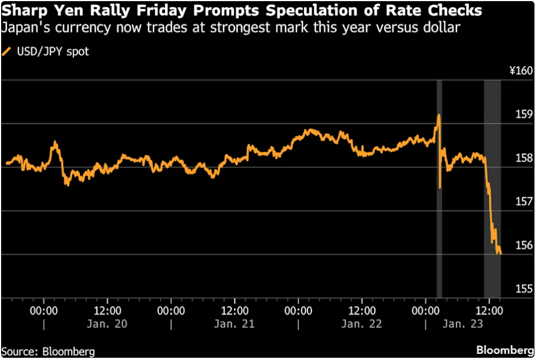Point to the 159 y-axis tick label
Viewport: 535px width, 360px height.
(x=523, y=115)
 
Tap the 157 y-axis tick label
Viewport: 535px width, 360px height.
(x=523, y=202)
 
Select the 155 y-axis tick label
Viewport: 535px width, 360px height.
(x=523, y=289)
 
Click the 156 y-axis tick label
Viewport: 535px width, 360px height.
(x=523, y=245)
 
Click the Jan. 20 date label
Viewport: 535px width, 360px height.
(x=109, y=324)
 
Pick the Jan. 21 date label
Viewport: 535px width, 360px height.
(x=235, y=324)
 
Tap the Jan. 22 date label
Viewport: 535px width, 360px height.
(x=362, y=324)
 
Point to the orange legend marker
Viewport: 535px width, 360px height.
(x=7, y=52)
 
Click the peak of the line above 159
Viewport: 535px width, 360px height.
(x=439, y=115)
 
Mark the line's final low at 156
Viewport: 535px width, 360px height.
(x=500, y=254)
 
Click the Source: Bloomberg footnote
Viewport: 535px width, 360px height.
(x=48, y=352)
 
